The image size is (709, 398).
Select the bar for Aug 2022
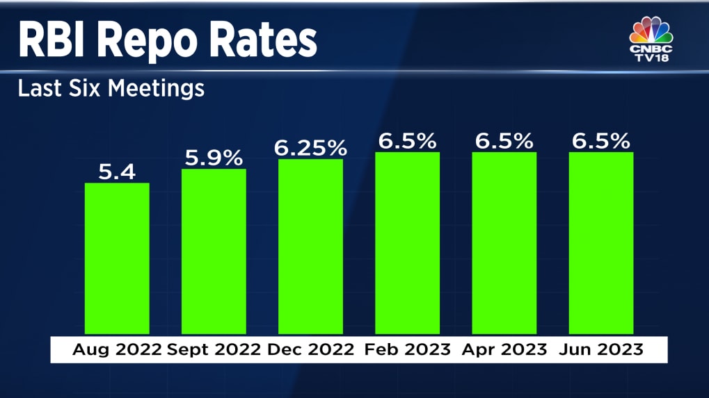[x=117, y=258]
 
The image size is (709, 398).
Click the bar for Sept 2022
[x=214, y=251]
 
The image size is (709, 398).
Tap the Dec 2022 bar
[x=310, y=246]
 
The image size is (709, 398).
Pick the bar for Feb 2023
[x=407, y=242]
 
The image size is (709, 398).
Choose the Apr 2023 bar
[x=504, y=242]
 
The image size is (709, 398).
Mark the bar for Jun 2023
[x=600, y=242]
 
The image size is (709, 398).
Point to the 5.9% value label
[x=213, y=157]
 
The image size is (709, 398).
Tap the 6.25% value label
[x=310, y=147]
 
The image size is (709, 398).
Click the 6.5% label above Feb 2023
[x=407, y=141]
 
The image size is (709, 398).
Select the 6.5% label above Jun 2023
[x=601, y=141]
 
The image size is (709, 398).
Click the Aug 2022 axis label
[x=117, y=350]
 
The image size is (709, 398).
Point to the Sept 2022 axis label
[x=214, y=350]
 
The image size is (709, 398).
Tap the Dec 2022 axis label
[x=310, y=350]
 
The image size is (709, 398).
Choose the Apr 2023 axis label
[x=504, y=350]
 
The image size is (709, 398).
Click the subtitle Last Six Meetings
[x=111, y=89]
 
